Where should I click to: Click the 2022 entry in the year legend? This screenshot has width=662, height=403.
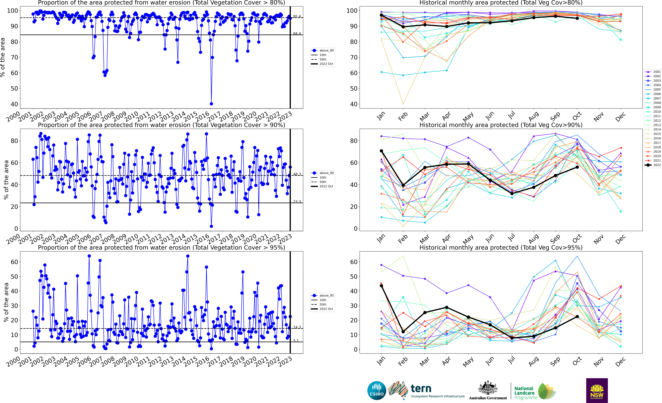coord(653,165)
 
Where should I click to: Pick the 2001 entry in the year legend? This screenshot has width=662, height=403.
coord(653,72)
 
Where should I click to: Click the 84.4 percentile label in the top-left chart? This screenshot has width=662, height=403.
coord(297,34)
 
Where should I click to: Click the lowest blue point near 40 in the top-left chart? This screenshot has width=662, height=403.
coord(211,104)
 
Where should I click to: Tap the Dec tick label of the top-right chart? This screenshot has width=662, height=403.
coord(620,117)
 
